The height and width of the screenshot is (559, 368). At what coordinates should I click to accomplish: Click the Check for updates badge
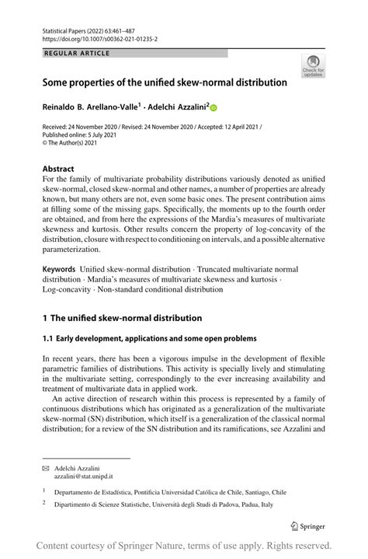[313, 66]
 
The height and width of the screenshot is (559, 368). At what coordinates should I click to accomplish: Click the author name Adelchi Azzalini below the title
[178, 108]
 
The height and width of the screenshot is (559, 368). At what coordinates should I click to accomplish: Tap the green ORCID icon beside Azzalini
[214, 109]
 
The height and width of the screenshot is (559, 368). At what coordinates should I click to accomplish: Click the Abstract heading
[58, 169]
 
